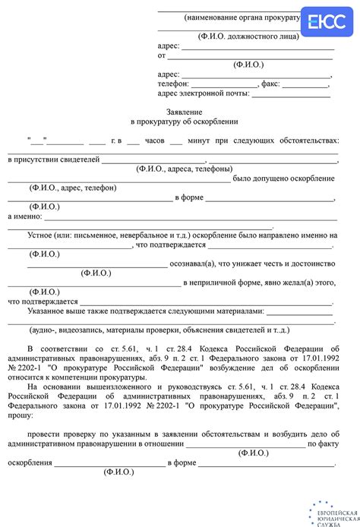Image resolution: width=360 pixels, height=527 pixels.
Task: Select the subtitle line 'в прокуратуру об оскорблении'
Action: (x=185, y=121)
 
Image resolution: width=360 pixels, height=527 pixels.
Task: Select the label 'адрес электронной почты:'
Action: (x=203, y=93)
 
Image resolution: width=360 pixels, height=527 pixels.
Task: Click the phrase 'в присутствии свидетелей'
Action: (x=53, y=159)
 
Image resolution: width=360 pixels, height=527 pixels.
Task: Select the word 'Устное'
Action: (x=42, y=235)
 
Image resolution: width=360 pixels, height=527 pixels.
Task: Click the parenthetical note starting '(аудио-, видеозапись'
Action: (x=159, y=330)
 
